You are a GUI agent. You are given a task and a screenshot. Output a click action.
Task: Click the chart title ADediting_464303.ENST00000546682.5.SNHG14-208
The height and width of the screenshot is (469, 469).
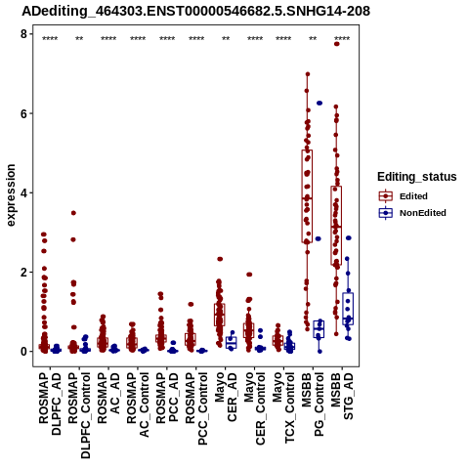pos(196,12)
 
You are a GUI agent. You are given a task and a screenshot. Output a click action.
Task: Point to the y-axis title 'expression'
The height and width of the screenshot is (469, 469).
pos(11,195)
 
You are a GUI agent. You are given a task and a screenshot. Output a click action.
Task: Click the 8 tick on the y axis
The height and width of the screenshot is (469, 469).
pos(23,34)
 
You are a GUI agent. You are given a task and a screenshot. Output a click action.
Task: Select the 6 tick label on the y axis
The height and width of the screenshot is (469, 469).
pos(23,113)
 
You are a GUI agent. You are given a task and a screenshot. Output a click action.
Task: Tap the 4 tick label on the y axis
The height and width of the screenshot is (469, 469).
pos(23,192)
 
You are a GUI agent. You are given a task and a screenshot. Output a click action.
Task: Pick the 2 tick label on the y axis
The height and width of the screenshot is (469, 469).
pos(23,272)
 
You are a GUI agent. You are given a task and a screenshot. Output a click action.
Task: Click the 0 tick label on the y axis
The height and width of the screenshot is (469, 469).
pos(23,352)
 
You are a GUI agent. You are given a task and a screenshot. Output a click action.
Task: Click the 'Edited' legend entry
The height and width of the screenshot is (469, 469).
pos(413,196)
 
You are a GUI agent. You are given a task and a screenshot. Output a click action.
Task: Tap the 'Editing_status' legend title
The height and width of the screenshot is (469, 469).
pos(417,177)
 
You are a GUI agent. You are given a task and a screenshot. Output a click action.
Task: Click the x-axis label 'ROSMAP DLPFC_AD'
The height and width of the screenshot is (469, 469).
pos(50,404)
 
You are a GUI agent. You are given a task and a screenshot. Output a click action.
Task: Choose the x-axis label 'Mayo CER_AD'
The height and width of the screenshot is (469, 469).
pos(226,397)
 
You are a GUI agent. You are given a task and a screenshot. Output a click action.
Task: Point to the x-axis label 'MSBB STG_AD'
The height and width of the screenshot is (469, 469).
pos(342,396)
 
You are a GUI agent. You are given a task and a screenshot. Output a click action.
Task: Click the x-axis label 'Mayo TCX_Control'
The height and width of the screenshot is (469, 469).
pos(283,407)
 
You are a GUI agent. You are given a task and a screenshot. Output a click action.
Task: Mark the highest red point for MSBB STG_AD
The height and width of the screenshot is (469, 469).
pos(337,44)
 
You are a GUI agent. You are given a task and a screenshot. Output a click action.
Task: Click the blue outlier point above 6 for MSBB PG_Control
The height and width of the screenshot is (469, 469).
pos(320,103)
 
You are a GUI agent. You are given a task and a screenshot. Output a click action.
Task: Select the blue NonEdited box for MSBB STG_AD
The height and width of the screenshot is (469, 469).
pos(348,309)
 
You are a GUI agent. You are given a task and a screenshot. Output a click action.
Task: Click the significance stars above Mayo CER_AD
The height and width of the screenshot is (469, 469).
pos(226,39)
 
